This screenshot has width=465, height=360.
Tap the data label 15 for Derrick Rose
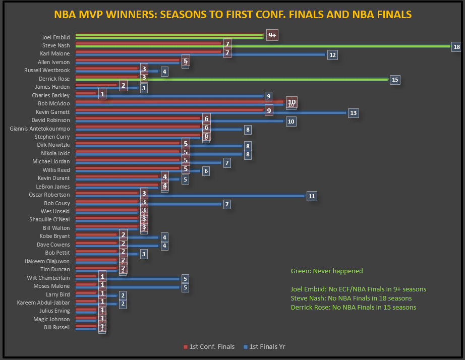pyautogui.click(x=395, y=80)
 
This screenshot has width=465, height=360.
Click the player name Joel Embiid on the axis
pyautogui.click(x=55, y=37)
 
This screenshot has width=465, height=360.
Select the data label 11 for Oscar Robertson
pyautogui.click(x=312, y=196)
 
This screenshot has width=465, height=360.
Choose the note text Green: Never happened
pyautogui.click(x=327, y=271)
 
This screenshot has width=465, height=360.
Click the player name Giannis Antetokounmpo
pyautogui.click(x=40, y=129)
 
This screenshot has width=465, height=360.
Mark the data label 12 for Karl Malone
pyautogui.click(x=332, y=55)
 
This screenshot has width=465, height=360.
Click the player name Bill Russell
pyautogui.click(x=57, y=327)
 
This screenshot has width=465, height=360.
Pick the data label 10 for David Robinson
pyautogui.click(x=290, y=122)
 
